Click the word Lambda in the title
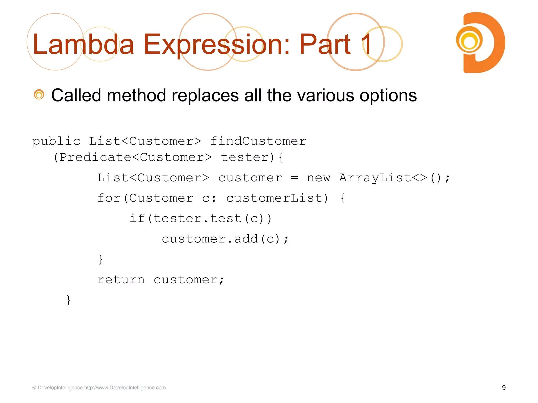83,45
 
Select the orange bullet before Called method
39,95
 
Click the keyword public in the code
56,142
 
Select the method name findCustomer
258,141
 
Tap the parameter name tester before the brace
244,157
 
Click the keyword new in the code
318,178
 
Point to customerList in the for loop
277,198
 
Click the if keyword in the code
137,219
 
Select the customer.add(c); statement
225,239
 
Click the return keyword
121,280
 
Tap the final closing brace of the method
69,300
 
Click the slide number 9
504,388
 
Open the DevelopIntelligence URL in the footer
125,388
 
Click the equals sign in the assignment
294,178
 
